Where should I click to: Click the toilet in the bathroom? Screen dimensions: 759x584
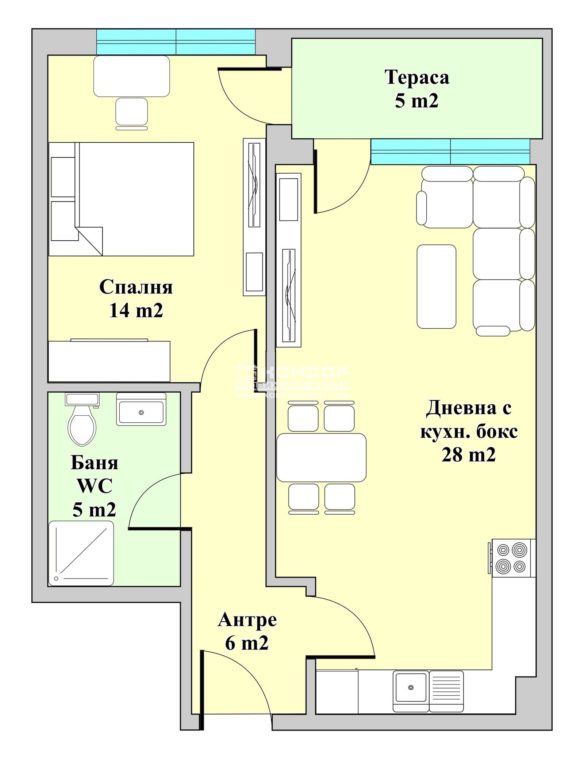coord(82,424)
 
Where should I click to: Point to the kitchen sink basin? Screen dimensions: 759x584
coord(411,687)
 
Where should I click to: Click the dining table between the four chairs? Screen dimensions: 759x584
coord(321,457)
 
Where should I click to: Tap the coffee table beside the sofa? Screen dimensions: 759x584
coord(436,286)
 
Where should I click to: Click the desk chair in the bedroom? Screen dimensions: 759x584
coord(131,112)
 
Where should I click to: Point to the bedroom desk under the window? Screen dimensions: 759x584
coord(131,76)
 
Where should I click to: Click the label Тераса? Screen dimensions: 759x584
coord(416,77)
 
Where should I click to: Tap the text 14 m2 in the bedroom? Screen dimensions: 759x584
coord(136,311)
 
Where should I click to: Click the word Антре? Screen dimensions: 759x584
coord(247,620)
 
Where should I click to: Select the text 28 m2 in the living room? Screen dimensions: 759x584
coord(469,455)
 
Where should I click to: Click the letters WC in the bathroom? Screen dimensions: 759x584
coord(94,486)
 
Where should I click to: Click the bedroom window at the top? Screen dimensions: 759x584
coord(176,42)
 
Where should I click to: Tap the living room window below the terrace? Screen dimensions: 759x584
coord(450,152)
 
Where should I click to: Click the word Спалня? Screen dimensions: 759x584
coord(136,287)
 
